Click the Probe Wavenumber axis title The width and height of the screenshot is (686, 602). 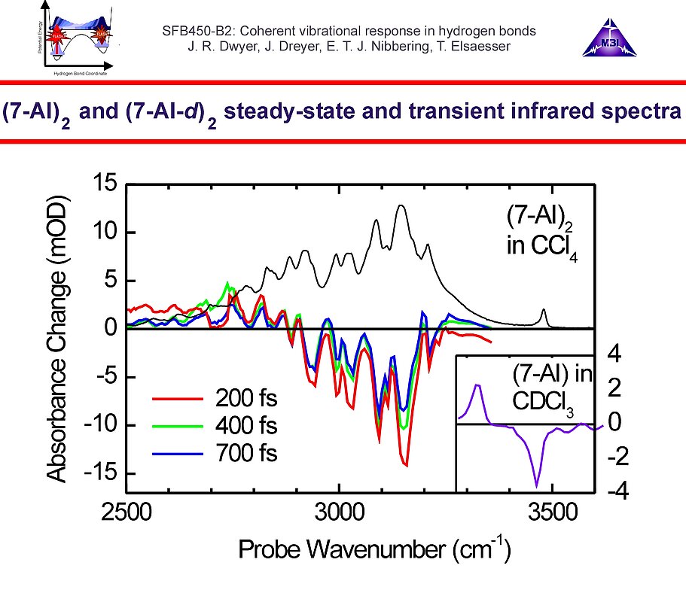[x=375, y=549]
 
